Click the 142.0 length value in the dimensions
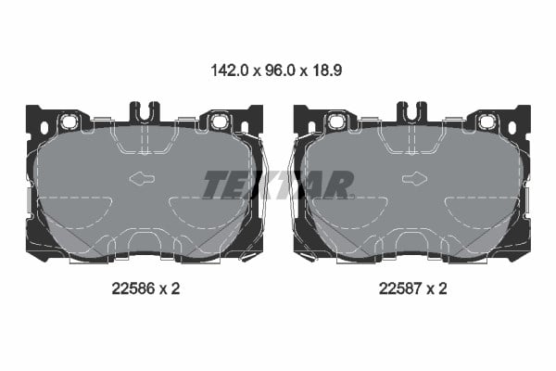(230, 70)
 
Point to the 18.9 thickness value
(327, 70)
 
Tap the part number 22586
(133, 288)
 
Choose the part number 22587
(400, 288)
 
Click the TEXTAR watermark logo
(278, 185)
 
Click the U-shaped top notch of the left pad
(145, 110)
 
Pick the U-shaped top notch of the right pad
(411, 110)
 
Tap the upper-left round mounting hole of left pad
(68, 122)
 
